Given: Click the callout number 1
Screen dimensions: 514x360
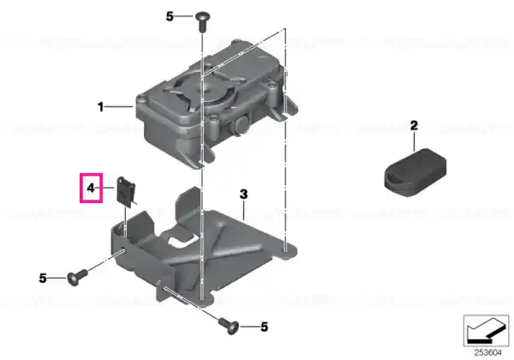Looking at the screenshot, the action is coord(100,107).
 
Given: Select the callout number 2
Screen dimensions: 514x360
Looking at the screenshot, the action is coord(414,126).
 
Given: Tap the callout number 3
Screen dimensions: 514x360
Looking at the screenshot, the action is coord(243,194).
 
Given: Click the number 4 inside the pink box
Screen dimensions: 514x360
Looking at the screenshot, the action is coord(91,189).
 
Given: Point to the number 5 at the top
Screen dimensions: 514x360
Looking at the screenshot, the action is coord(169,16).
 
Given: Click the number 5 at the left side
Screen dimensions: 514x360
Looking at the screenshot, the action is coord(43,279).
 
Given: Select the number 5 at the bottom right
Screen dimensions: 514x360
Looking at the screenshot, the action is coord(265,327).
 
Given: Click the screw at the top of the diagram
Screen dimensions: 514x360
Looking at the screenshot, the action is coord(203,21).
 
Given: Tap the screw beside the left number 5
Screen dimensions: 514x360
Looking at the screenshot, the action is coord(77,277).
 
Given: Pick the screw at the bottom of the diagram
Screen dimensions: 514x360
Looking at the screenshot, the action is coord(230,325).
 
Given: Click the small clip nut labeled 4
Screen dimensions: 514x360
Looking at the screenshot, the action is coord(126,192).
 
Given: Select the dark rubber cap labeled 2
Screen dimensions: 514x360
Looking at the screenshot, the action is coord(415,172).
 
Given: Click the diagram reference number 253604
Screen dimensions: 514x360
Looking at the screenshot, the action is coord(487,353).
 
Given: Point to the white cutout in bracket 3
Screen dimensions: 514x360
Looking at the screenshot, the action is coord(181,241).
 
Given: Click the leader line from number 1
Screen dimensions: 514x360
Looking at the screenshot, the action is coord(119,106).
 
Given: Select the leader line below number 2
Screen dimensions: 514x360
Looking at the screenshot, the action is coord(415,141).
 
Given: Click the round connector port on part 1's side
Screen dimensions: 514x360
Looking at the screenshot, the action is coord(242,124).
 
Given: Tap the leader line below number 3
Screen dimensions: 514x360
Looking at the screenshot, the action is coord(243,210).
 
